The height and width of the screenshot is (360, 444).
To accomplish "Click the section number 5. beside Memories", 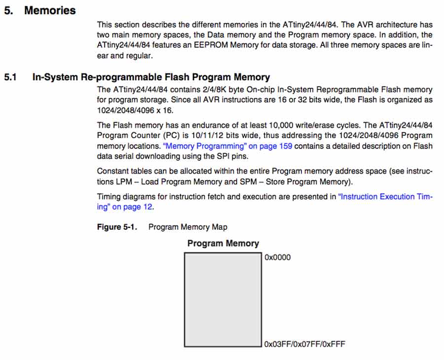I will [x=8, y=10].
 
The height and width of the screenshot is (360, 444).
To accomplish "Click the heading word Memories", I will [x=50, y=10].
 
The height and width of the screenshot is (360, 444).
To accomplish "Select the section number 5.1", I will [x=10, y=77].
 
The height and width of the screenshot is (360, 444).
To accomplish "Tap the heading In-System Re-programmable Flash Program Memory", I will [x=151, y=77].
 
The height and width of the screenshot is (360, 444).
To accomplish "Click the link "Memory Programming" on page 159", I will [x=227, y=146].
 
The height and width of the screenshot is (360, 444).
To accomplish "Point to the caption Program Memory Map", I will [x=188, y=227].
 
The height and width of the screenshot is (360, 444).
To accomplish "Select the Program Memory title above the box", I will [x=223, y=243].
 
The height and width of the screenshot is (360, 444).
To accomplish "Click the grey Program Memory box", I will [x=222, y=299].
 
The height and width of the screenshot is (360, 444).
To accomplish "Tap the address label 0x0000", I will [x=278, y=257].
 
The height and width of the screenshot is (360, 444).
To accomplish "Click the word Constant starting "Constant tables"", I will [x=113, y=171].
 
